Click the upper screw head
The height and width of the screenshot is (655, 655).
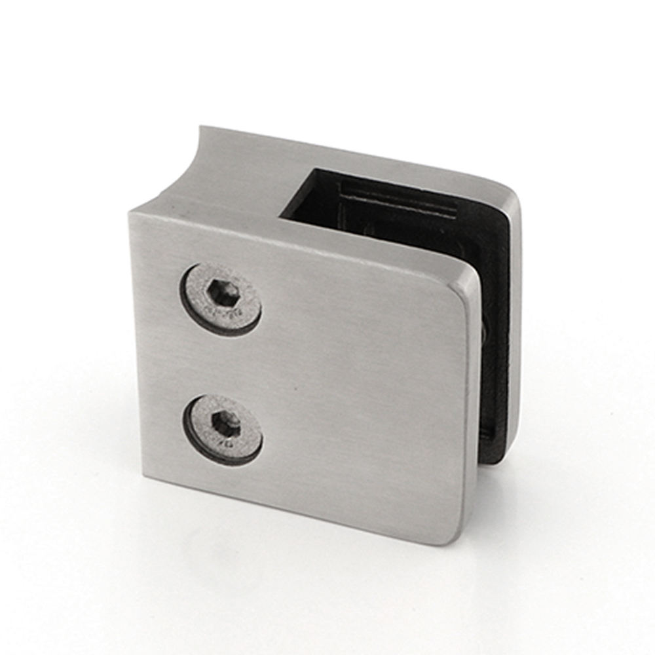pos(223,299)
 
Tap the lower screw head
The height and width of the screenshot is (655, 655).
pos(223,429)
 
